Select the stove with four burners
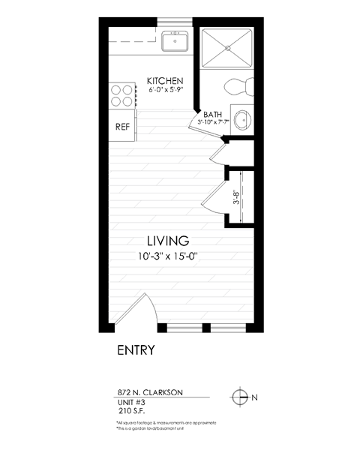(x=122, y=94)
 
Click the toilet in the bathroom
(x=240, y=85)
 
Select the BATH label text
(x=213, y=114)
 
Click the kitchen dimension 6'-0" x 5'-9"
(x=166, y=90)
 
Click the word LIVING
(x=167, y=241)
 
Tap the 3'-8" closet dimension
(x=237, y=196)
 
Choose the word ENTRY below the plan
(x=136, y=349)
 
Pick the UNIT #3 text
(x=132, y=402)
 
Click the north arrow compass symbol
(x=239, y=397)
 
